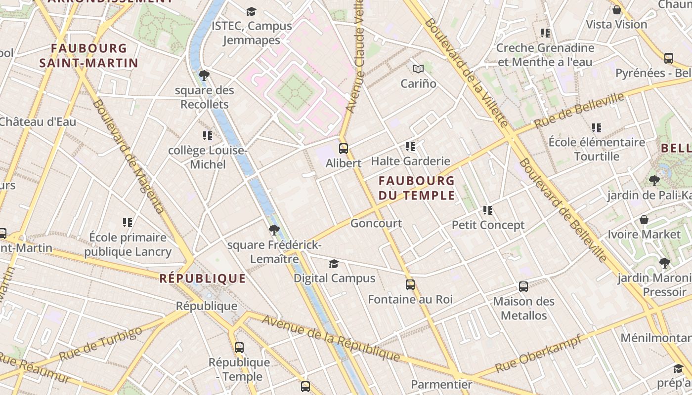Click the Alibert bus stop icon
(x=344, y=148)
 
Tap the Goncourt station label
(x=376, y=223)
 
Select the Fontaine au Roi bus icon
(x=410, y=285)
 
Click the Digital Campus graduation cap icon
(x=334, y=264)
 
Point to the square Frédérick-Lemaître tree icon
(x=274, y=230)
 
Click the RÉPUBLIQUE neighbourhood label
(x=203, y=278)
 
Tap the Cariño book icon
(x=418, y=69)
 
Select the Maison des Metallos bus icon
(x=523, y=287)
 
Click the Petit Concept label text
(x=488, y=225)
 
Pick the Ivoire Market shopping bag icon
(x=644, y=220)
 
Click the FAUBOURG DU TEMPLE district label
(x=416, y=188)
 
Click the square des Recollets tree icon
(x=204, y=76)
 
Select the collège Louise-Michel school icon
(x=208, y=135)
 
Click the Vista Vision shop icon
(x=616, y=10)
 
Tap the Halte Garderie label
(x=410, y=161)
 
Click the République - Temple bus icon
(x=239, y=348)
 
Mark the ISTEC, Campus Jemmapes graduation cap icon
(x=252, y=11)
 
